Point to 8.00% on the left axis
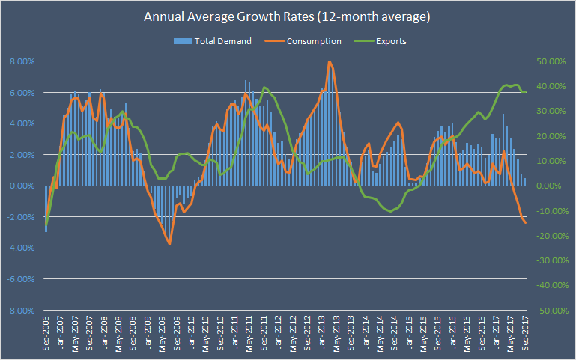tap(21, 61)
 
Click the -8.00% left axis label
tap(19, 310)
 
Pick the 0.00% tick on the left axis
tap(21, 186)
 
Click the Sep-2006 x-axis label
tap(46, 335)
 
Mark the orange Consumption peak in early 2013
tap(330, 62)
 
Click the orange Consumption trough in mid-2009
tap(169, 244)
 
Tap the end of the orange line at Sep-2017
tap(526, 223)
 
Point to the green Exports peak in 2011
tap(265, 88)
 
